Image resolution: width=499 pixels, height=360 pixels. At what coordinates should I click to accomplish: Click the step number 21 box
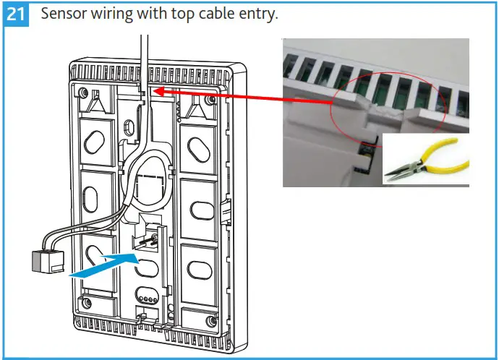click(17, 15)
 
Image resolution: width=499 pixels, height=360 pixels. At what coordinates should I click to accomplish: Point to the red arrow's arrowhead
click(155, 92)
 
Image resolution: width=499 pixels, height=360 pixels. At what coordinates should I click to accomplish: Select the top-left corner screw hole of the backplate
click(85, 93)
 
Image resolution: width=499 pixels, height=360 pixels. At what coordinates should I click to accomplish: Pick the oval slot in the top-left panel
click(95, 142)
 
